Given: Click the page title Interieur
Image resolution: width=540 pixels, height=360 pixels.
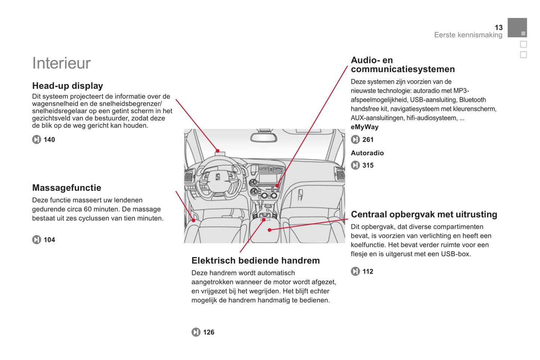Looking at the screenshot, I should click(x=61, y=63).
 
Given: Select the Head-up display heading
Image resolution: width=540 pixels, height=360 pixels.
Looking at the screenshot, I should click(x=67, y=86).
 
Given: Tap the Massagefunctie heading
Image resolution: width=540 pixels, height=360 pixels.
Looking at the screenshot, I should click(x=67, y=188).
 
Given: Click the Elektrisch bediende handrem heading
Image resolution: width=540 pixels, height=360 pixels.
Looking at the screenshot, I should click(x=255, y=261).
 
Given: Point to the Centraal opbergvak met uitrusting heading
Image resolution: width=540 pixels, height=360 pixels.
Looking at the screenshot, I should click(x=424, y=214).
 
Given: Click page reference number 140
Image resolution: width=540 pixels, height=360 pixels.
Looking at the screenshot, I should click(x=49, y=140).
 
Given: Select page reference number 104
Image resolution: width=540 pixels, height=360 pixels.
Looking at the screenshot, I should click(x=49, y=240).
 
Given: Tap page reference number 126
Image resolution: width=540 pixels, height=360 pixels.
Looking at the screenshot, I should click(x=209, y=332).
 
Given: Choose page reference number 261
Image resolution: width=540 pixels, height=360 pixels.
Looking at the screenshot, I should click(x=368, y=140).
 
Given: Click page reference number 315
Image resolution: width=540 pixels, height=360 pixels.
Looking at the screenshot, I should click(x=368, y=165).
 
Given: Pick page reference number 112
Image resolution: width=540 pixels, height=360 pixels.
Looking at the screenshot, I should click(x=368, y=271).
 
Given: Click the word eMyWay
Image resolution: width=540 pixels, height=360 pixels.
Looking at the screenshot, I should click(x=364, y=127).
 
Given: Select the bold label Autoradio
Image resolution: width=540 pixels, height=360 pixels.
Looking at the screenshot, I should click(x=367, y=153).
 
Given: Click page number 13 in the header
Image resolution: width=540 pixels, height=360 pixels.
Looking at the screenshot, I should click(x=499, y=28).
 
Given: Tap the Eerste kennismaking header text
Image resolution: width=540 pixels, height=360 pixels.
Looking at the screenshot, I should click(x=468, y=35).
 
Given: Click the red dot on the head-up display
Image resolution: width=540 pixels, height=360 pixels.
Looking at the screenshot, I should click(x=217, y=151).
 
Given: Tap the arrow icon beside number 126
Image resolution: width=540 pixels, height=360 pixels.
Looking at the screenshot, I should click(x=196, y=332).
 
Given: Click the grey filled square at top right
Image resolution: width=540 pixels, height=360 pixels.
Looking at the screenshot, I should click(x=517, y=28).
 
